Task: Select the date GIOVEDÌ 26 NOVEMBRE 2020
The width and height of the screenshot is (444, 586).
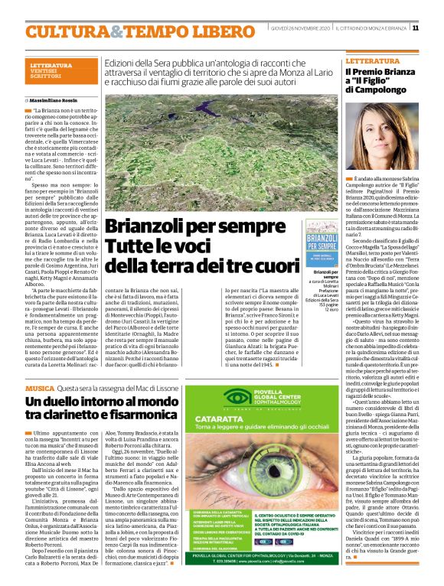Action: coord(300,29)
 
